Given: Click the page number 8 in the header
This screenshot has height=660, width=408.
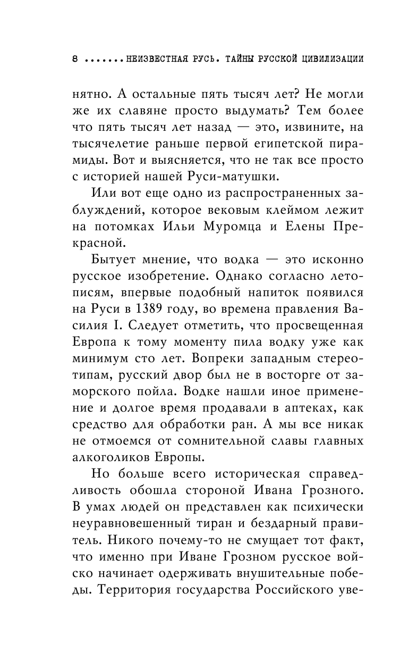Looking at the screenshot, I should (x=75, y=59).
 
